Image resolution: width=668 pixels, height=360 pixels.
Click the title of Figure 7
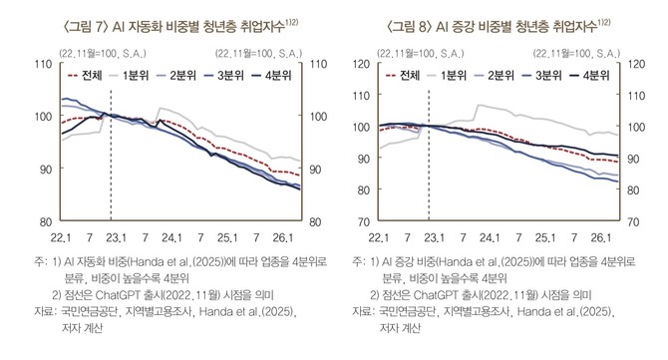180,26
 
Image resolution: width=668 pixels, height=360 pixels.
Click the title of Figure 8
499,26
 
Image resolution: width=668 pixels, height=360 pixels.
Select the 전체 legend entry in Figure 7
85,76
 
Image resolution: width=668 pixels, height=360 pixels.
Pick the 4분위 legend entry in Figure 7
271,76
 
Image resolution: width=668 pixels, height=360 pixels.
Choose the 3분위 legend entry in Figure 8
542,76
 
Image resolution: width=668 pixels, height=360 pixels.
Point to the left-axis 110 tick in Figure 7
43,65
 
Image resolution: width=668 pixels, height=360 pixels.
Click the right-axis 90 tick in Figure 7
315,170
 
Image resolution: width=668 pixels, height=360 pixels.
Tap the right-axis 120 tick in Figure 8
636,65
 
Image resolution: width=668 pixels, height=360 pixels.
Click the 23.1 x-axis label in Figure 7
116,237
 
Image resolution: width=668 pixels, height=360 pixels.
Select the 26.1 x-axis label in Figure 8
600,237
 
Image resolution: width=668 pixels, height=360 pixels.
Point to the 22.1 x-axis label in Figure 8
379,237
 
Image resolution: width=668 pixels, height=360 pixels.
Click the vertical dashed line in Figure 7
111,156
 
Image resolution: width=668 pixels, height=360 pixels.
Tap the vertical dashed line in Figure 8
429,156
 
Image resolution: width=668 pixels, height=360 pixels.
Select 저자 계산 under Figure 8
400,328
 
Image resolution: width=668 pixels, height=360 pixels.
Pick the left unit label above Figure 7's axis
103,53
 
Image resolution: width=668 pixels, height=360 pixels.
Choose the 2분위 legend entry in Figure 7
176,76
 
